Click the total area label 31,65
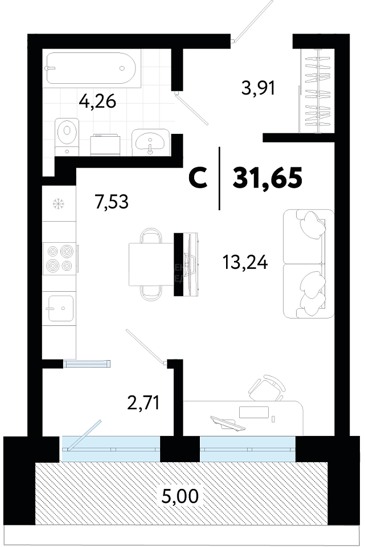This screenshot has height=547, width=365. (267, 177)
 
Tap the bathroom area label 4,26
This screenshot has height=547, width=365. (97, 102)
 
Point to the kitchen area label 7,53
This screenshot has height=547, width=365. (112, 201)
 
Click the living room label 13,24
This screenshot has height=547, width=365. (245, 262)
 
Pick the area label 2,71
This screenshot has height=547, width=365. (143, 403)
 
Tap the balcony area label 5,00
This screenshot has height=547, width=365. (181, 495)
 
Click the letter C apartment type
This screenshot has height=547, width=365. (198, 178)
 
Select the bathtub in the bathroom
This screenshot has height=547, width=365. (91, 68)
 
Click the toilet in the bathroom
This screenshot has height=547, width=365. (67, 136)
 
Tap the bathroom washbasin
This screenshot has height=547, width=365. (150, 142)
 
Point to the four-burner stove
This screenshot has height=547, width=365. (59, 259)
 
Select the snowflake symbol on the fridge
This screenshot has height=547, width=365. (58, 204)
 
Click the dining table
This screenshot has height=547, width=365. (151, 264)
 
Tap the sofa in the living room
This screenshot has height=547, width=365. (304, 264)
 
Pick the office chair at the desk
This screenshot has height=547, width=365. (268, 388)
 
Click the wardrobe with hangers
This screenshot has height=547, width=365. (317, 91)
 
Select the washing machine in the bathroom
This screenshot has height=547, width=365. (105, 145)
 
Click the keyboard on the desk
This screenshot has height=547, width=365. (228, 423)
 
